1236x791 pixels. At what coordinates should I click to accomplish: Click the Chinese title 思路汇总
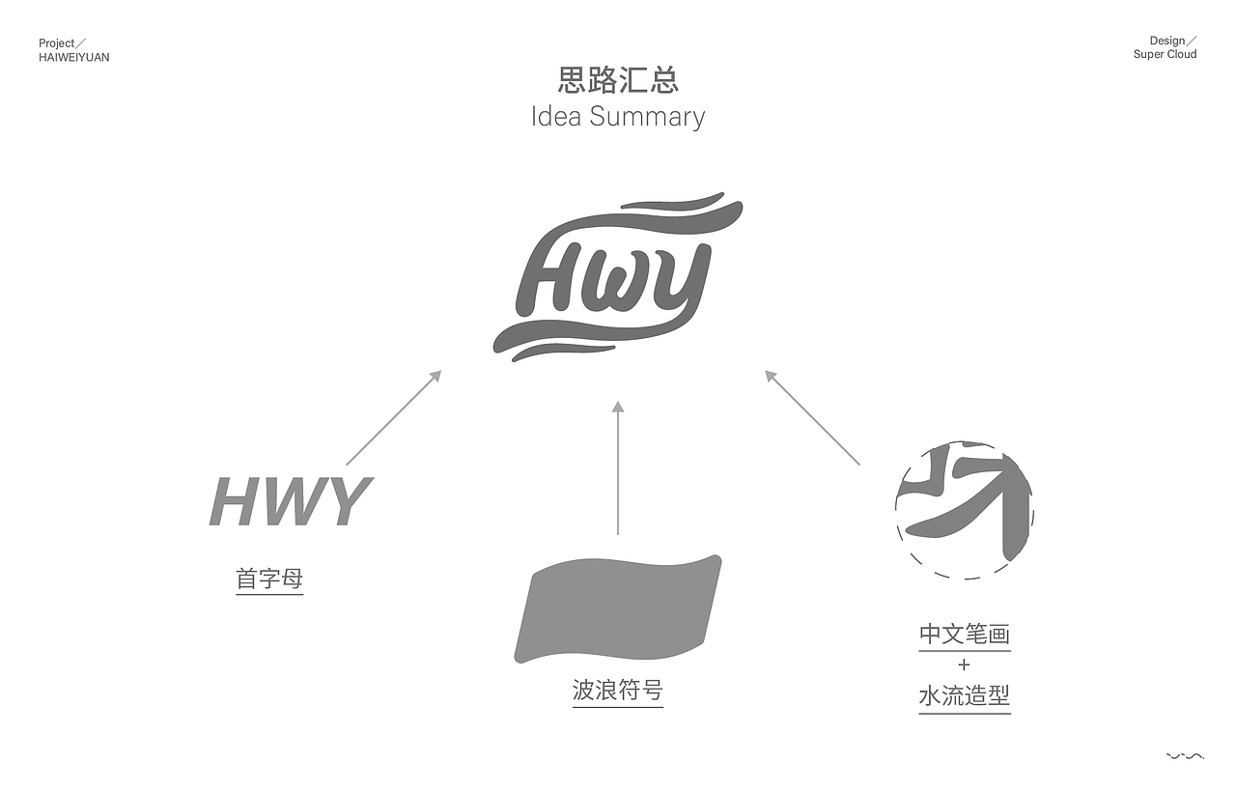point(618,80)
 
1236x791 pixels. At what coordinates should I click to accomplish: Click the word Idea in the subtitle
point(555,117)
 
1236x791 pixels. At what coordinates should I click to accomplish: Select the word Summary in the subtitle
point(647,117)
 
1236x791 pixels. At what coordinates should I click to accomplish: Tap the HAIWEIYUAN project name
point(74,58)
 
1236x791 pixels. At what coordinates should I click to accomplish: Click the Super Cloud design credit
point(1165,55)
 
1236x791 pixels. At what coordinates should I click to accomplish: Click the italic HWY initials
point(291,501)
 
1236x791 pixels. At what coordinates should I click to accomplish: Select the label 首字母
point(269,579)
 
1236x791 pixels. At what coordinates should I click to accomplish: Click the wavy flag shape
point(618,608)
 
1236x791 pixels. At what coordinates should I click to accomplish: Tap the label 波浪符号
point(617,691)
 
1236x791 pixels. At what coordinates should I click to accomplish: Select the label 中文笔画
point(964,635)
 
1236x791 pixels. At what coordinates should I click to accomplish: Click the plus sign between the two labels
point(964,664)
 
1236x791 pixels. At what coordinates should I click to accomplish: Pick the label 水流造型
point(964,696)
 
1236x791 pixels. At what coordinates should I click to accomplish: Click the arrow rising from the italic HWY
point(393,418)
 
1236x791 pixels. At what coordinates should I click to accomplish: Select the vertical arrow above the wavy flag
point(618,467)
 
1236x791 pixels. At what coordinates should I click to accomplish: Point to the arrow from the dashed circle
point(812,418)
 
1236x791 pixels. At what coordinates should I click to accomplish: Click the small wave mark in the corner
point(1185,756)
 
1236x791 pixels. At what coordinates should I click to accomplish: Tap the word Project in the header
point(57,43)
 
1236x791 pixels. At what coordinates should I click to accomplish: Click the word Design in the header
point(1166,42)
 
